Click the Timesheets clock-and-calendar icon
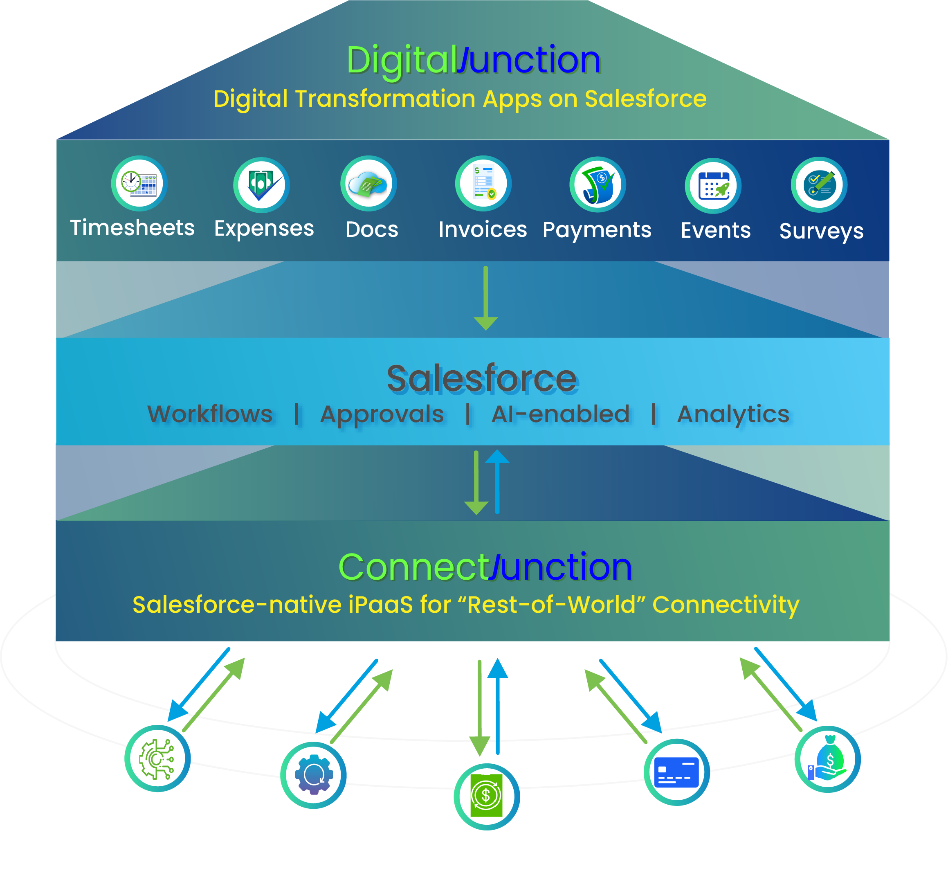pos(139,184)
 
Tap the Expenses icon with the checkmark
pos(261,184)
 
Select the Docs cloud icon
pos(368,184)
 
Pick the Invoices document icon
pos(483,184)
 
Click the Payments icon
pos(598,184)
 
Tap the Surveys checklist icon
pos(819,184)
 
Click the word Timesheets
pos(132,227)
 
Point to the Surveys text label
pos(821,232)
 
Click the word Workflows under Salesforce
pos(210,414)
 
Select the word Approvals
pos(382,414)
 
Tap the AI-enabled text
pos(560,414)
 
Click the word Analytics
pos(733,414)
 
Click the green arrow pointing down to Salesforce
pos(485,299)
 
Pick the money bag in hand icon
pos(828,759)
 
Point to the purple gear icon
pos(313,774)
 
